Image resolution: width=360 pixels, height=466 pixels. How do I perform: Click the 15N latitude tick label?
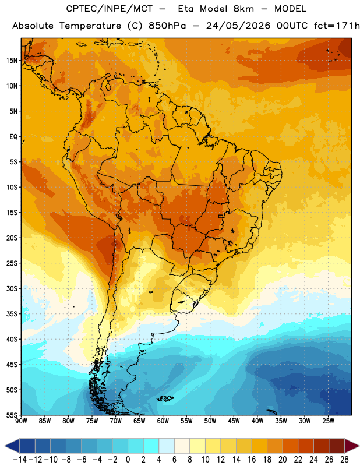coord(11,61)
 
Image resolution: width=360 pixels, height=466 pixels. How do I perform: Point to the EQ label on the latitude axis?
coord(13,137)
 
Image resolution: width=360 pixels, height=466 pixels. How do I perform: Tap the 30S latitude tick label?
coord(11,288)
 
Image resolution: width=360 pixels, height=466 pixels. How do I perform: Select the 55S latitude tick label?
coord(11,415)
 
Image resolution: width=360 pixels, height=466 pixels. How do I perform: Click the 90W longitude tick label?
coord(21,421)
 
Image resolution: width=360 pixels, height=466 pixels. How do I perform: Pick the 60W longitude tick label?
coord(163,421)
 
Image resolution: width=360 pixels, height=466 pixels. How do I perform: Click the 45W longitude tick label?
coord(234,421)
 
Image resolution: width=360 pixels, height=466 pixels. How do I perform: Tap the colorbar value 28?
coord(344,460)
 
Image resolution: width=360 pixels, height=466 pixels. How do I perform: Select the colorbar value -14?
coord(20,460)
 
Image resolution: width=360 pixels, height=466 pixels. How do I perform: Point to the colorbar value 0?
coord(128,460)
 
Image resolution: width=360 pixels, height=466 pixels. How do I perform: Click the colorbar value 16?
coord(252,460)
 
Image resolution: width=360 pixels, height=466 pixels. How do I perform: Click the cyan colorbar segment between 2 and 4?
coord(151,446)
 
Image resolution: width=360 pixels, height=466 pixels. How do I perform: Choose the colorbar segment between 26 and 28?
coord(337,446)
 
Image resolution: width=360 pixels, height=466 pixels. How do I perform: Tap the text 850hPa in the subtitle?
coord(167,26)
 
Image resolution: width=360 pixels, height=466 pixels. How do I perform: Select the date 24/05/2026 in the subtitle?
coord(238,26)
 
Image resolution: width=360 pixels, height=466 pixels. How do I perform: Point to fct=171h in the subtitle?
coord(337,26)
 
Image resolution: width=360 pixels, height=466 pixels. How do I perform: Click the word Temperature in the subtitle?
coord(90,26)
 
